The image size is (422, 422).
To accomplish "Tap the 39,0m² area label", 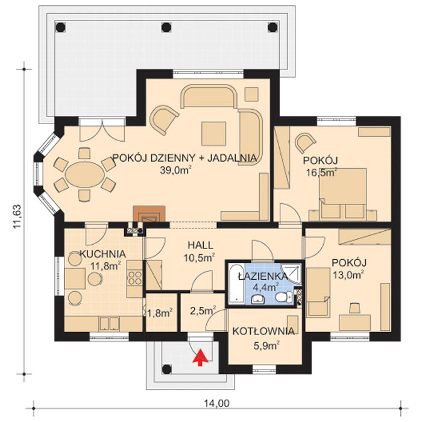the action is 176,170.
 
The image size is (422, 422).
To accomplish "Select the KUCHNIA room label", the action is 103,254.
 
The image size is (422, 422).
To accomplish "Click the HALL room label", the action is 200,245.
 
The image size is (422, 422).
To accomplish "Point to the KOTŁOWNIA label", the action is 263,332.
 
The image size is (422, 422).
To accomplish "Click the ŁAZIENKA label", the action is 263,276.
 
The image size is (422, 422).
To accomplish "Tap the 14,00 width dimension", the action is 216,403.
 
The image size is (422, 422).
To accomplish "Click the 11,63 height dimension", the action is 17,216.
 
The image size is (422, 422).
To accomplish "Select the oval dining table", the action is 85,175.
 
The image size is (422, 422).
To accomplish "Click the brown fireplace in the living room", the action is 149,213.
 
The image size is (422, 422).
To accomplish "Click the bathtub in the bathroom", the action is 236,284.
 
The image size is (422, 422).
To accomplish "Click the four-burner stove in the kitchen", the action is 134,278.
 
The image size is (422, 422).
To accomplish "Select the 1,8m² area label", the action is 160,313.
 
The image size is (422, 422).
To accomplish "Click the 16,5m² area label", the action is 322,172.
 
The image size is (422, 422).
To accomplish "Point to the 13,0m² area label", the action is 348,275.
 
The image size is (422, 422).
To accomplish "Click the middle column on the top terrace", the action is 166,27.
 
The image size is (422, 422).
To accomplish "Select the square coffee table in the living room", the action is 213,134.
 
